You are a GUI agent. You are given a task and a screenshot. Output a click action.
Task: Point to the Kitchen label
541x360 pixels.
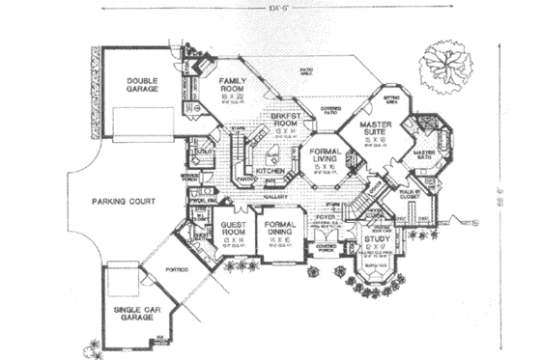270,171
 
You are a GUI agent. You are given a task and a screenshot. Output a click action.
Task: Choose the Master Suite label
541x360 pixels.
375,131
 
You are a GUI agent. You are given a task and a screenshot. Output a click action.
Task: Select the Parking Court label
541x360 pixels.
117,204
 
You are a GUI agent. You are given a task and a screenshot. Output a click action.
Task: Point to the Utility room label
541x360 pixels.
205,152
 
